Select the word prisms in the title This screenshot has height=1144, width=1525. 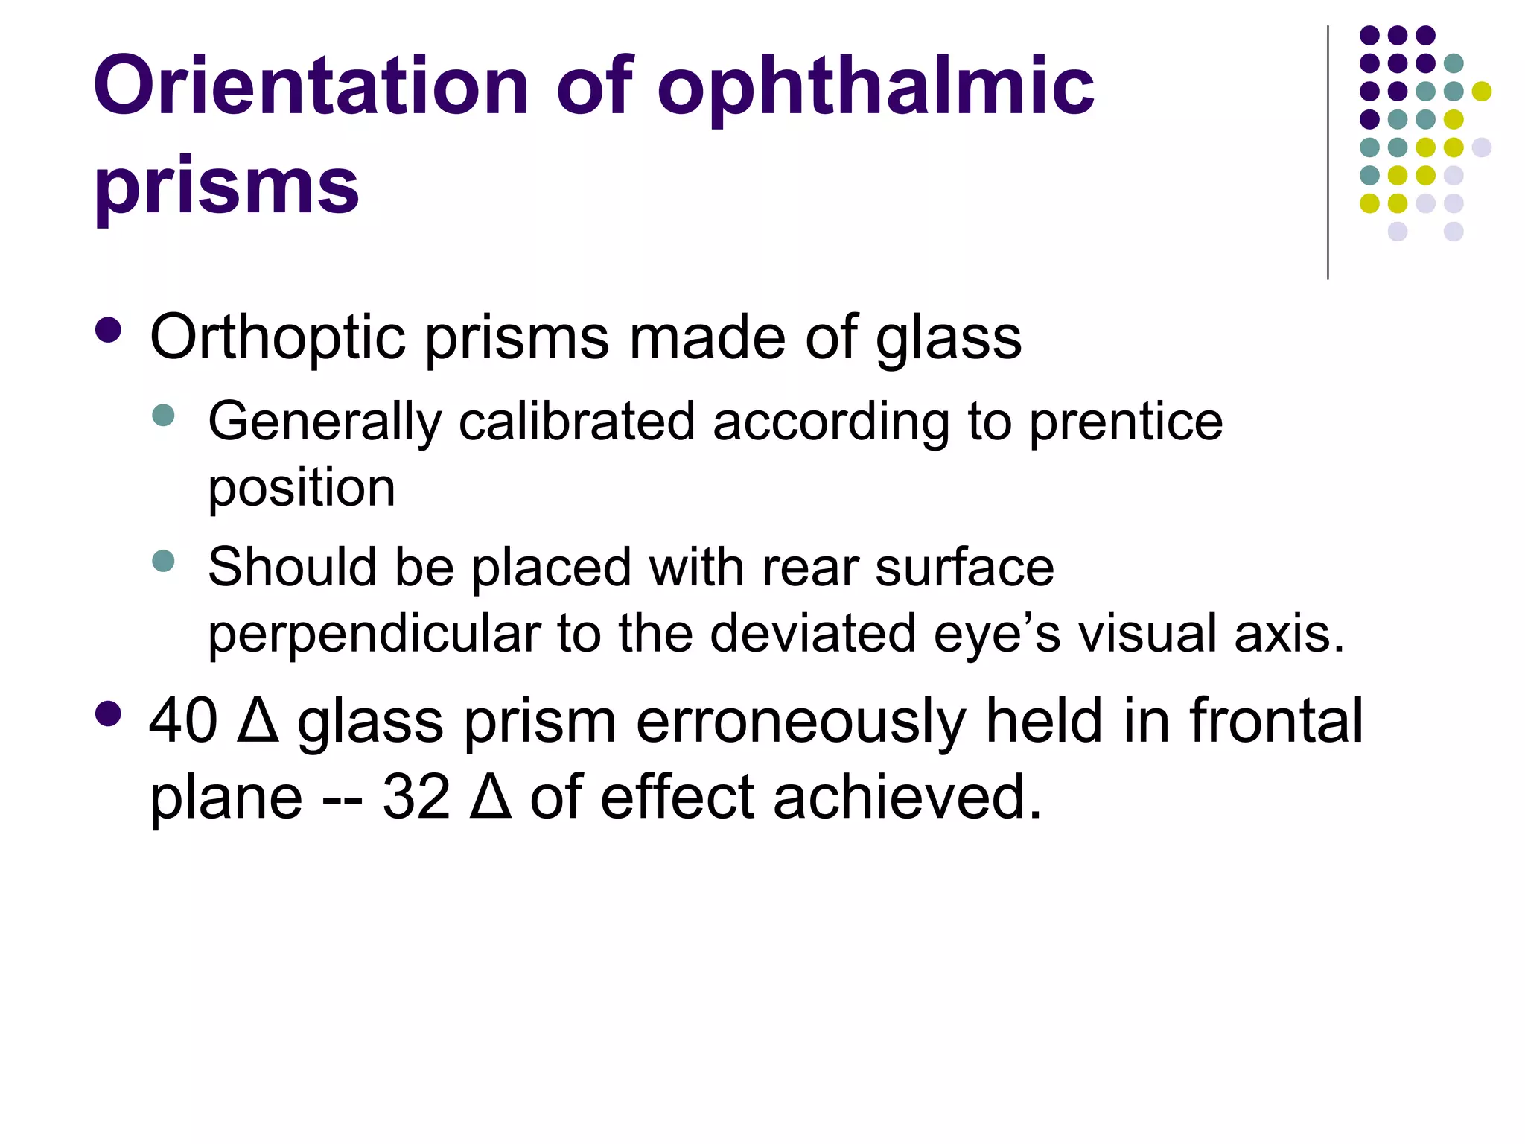click(226, 186)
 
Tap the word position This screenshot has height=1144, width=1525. click(301, 490)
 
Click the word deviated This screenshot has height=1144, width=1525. click(812, 634)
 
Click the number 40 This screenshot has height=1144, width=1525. click(183, 721)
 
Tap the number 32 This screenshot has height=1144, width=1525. click(416, 797)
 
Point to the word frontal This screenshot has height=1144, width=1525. click(1276, 721)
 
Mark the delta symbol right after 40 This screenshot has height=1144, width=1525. click(258, 720)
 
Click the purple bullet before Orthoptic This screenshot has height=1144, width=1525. click(109, 331)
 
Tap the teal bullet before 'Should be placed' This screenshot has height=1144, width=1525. click(162, 560)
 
